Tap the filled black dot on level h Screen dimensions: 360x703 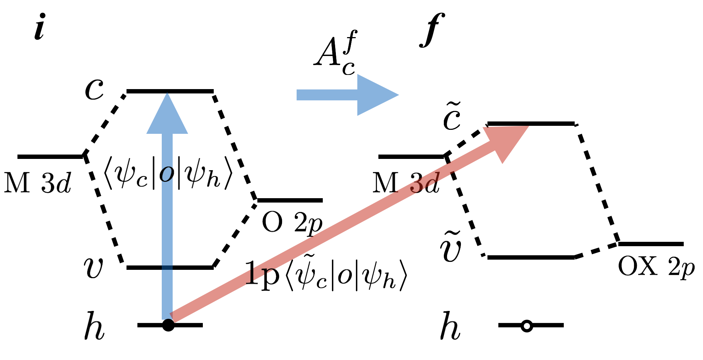coord(168,325)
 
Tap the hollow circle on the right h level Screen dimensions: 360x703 coord(527,325)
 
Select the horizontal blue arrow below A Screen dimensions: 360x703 coord(347,95)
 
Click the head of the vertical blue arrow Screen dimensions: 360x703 coord(167,115)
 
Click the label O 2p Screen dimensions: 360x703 coord(292,223)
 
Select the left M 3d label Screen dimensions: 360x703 coord(37,183)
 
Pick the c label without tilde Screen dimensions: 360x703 coord(94,89)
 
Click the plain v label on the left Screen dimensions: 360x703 coord(93,268)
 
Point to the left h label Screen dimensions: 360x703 coord(94,327)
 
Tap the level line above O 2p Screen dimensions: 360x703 coord(290,200)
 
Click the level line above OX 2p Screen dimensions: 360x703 coord(651,244)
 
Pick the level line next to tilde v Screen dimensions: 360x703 coord(531,257)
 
